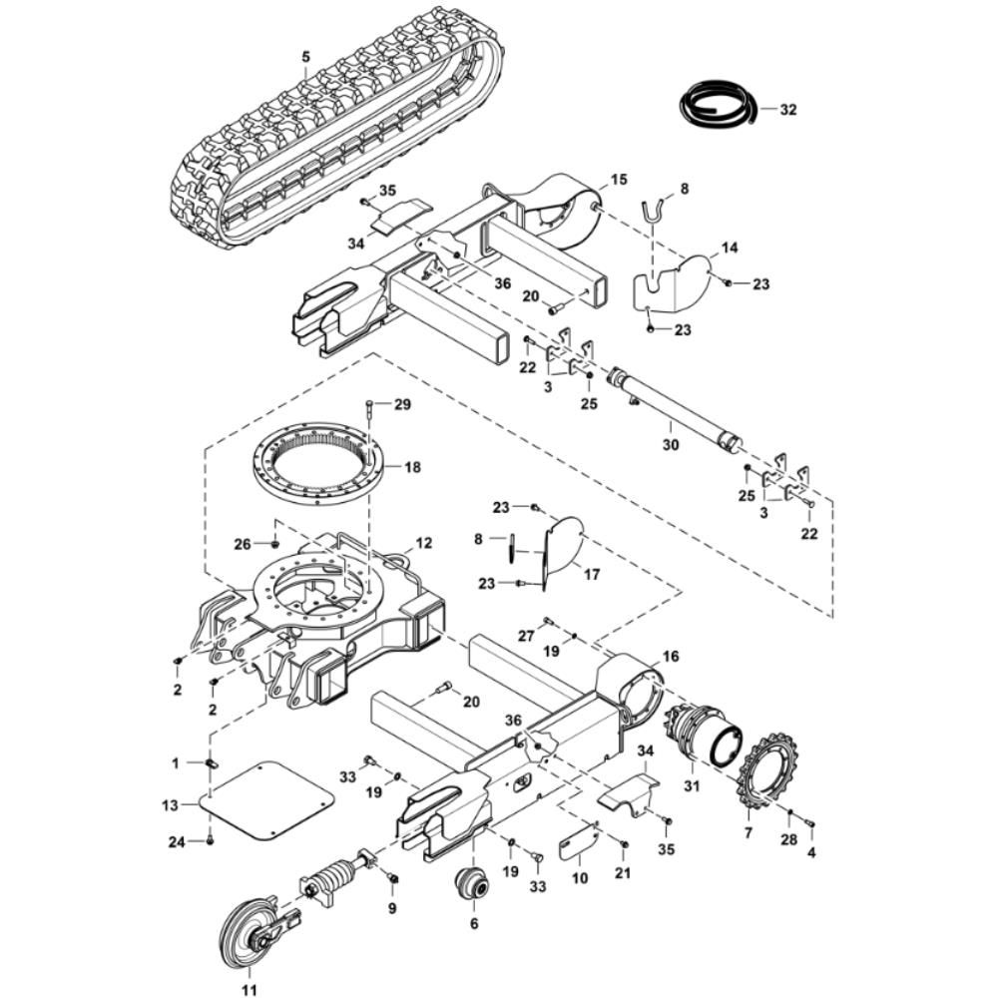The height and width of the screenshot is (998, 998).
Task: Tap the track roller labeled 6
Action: pos(472,884)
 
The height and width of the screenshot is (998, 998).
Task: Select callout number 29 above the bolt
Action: pos(401,404)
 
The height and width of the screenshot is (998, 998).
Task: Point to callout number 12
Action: pos(424,544)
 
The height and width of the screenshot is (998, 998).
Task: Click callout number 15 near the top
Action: pos(619,180)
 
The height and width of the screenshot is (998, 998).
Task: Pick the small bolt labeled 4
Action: pos(809,823)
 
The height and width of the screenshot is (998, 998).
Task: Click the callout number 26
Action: pos(241,544)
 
